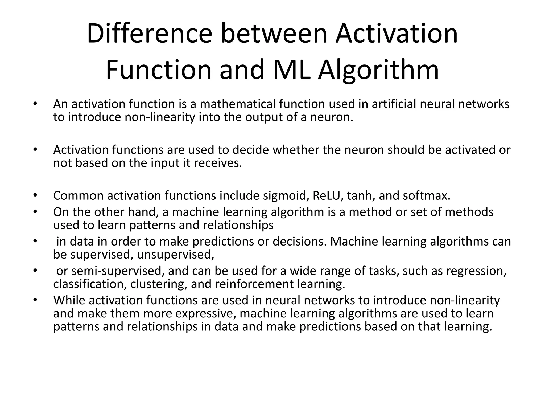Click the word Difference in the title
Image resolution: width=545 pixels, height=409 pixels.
[x=149, y=34]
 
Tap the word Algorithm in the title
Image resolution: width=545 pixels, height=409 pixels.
[x=378, y=70]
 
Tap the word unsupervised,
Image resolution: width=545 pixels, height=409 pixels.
[x=176, y=255]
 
